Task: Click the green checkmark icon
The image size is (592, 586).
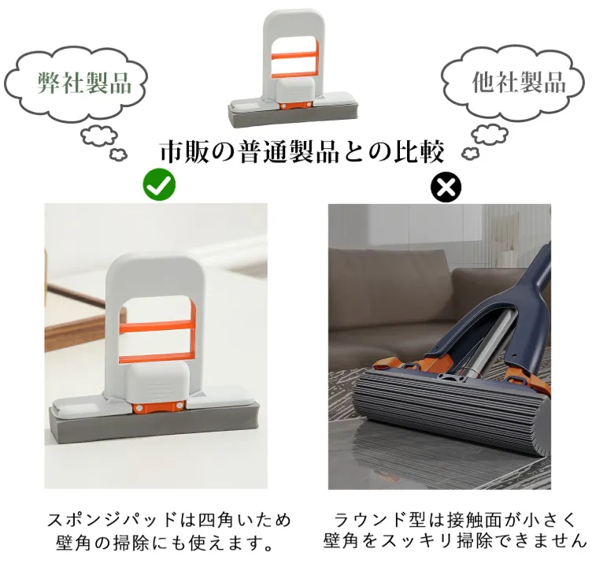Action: (x=159, y=184)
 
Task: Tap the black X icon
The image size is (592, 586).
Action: (x=446, y=187)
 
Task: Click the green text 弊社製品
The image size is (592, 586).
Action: (x=84, y=83)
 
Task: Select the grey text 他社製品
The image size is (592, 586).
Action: (x=519, y=82)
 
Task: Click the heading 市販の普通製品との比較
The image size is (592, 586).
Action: (x=302, y=152)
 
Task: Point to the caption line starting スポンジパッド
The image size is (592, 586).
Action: (x=168, y=520)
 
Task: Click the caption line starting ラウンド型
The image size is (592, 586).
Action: (x=454, y=520)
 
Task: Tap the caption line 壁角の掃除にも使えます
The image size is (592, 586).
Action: (x=165, y=543)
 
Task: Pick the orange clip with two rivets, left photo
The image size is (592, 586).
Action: (x=158, y=407)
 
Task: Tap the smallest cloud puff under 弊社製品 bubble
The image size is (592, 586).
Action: (x=118, y=154)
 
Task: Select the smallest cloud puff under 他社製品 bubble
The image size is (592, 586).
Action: (x=471, y=153)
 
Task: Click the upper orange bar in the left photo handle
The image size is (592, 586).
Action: (x=157, y=325)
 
